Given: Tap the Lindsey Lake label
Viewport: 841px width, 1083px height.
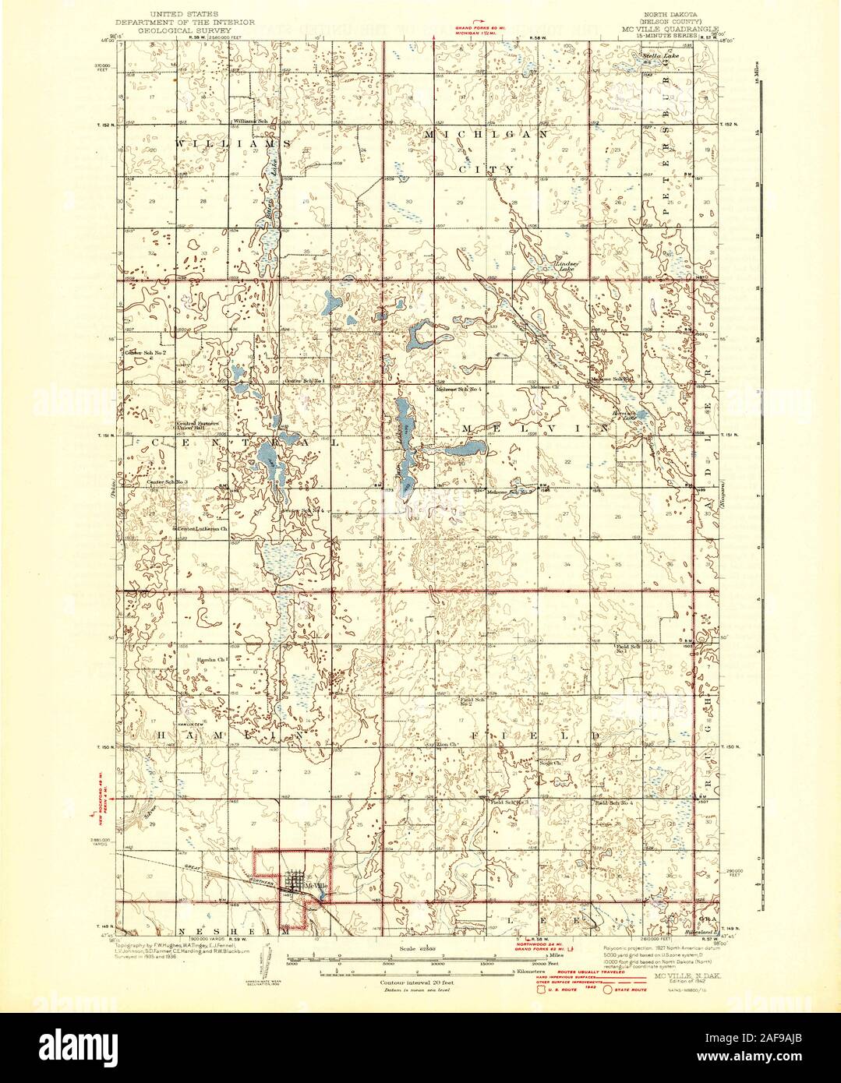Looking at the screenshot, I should [x=567, y=266].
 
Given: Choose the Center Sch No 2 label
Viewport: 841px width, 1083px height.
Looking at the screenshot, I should [x=146, y=353].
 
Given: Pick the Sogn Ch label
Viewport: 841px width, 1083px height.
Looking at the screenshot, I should [x=544, y=763].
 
